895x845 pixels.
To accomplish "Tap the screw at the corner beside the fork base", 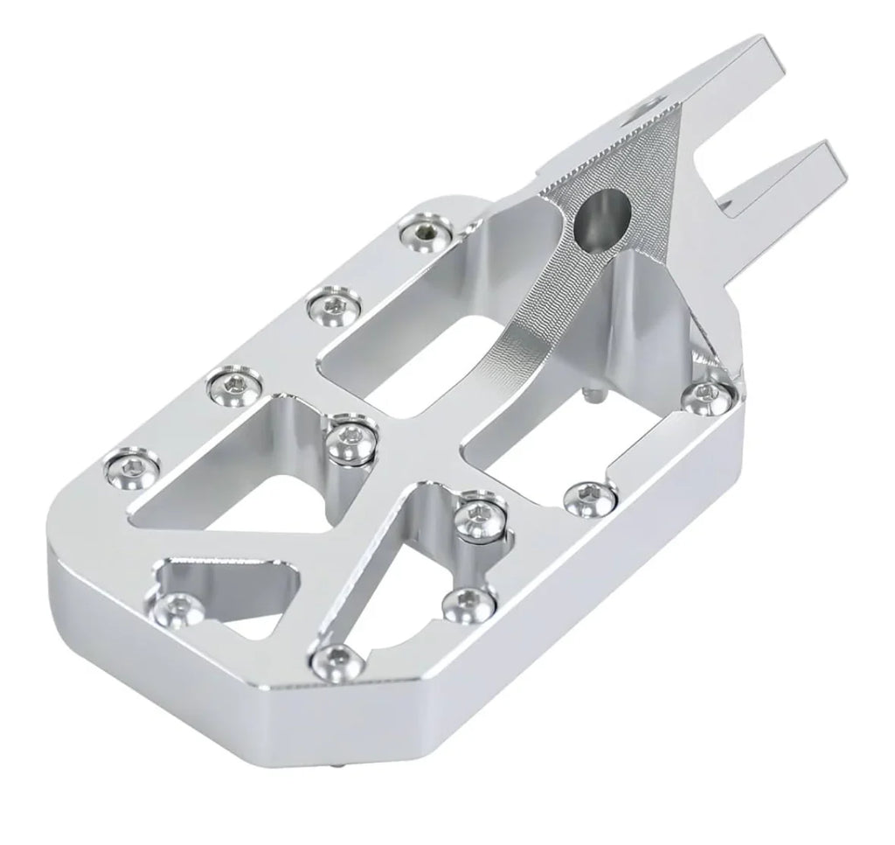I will (x=708, y=395).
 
